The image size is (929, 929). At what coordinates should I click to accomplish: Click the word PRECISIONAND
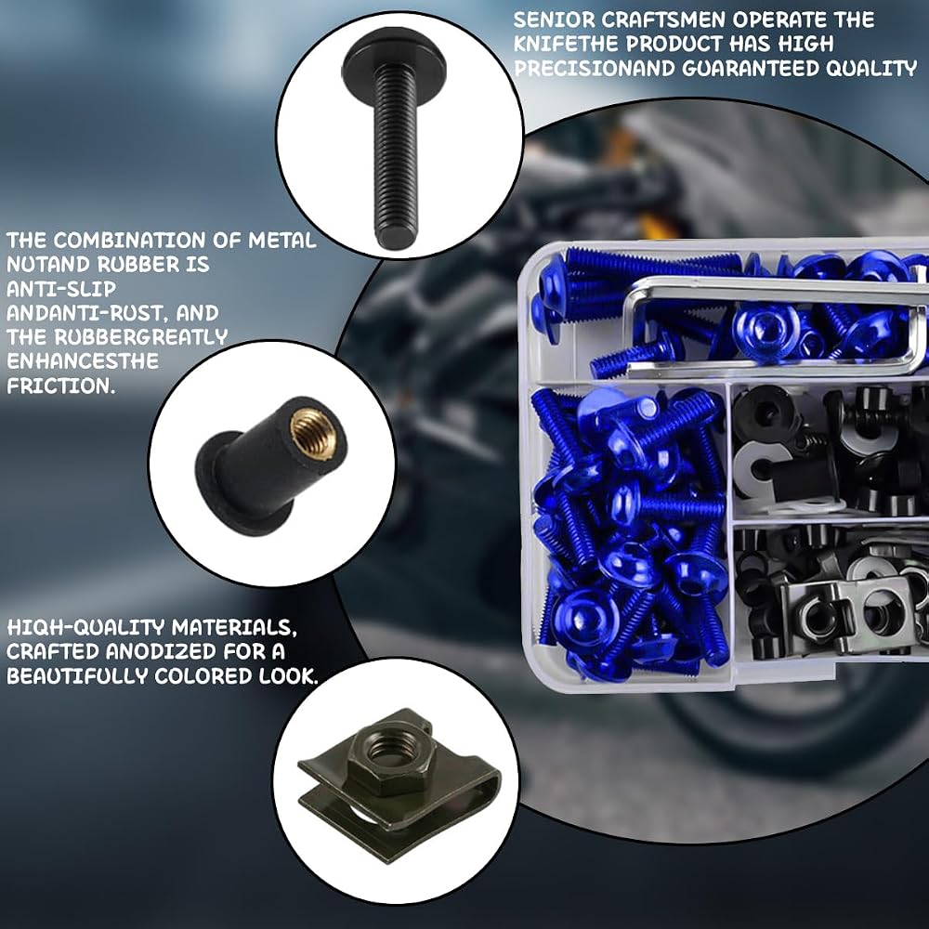pos(595,69)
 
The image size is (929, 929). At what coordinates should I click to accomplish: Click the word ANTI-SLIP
pos(61,289)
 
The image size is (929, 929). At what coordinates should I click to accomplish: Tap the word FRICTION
pos(60,386)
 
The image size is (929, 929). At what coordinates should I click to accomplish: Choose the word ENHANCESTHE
pos(83,361)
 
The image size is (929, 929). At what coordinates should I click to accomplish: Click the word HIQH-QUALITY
pos(85,627)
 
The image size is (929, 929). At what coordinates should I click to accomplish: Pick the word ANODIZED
pos(161,652)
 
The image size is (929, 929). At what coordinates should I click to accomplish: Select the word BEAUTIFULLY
pos(77,676)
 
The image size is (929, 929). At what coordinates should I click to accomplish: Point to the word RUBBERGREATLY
pos(141,337)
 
